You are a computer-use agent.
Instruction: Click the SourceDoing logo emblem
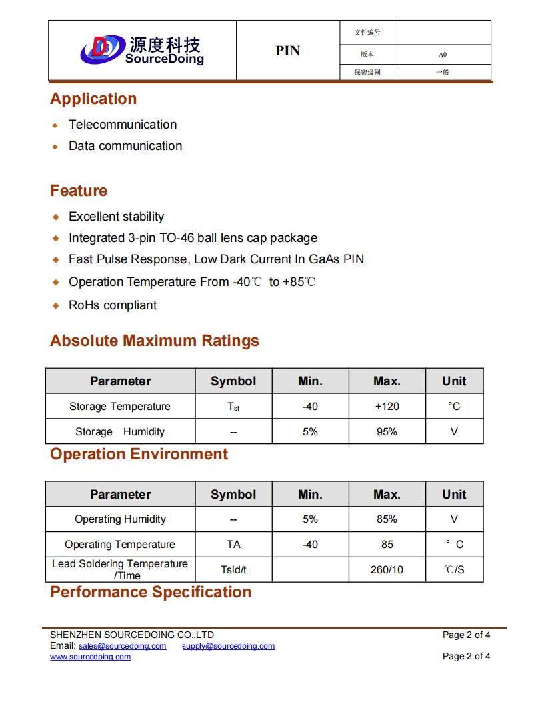click(x=102, y=48)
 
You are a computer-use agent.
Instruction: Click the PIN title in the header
click(x=287, y=51)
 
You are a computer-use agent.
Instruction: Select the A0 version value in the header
click(x=443, y=55)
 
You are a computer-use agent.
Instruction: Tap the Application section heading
click(x=93, y=99)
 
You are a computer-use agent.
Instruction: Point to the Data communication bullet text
click(x=125, y=146)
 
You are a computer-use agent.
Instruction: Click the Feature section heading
click(x=79, y=191)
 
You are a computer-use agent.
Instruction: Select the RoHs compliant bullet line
click(x=113, y=305)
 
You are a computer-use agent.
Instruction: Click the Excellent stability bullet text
click(x=116, y=217)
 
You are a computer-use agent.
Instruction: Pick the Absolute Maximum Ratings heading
click(x=155, y=341)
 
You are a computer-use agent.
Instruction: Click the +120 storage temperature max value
click(x=387, y=407)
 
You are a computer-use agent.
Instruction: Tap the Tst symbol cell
click(x=233, y=407)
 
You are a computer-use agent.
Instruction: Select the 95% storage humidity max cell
click(x=387, y=432)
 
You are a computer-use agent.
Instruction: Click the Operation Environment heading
click(x=139, y=454)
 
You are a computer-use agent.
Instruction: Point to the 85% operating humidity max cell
click(x=387, y=519)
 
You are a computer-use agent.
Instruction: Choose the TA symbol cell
click(x=233, y=545)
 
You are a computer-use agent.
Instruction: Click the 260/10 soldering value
click(x=387, y=570)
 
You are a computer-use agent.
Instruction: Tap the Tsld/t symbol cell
click(x=233, y=570)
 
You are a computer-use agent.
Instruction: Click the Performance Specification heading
click(x=151, y=592)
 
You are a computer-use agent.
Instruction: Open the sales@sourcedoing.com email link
click(x=122, y=646)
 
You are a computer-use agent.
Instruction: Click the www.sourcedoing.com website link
click(x=90, y=657)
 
